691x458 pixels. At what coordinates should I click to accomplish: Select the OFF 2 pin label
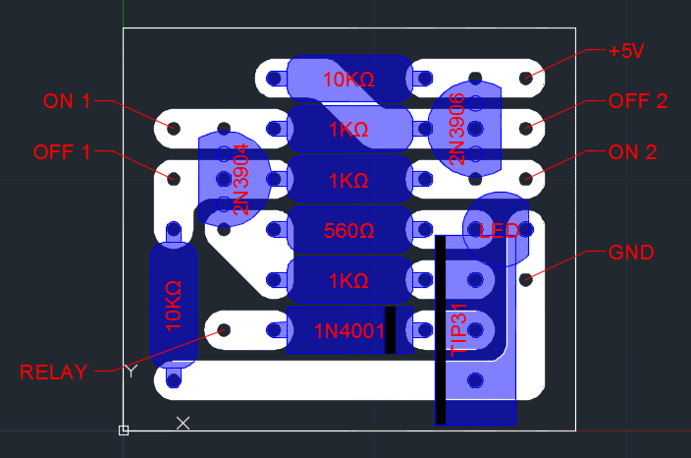click(x=638, y=100)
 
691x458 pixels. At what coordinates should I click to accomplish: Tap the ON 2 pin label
click(x=633, y=152)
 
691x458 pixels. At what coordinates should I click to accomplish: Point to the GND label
click(x=631, y=253)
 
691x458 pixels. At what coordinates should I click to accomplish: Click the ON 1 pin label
click(x=67, y=100)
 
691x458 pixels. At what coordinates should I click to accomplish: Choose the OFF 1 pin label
click(x=62, y=152)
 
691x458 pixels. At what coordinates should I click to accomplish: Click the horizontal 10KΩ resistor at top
click(x=348, y=79)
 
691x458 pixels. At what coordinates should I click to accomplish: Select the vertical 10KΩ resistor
click(x=174, y=305)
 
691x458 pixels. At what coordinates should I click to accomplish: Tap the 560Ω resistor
click(x=348, y=232)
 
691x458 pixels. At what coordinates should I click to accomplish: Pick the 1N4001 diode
click(x=348, y=330)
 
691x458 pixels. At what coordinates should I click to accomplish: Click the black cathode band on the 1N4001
click(x=390, y=330)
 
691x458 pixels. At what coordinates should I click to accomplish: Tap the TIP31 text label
click(x=458, y=334)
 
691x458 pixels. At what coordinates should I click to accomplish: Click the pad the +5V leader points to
click(x=526, y=77)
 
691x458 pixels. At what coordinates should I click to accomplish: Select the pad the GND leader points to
click(x=526, y=279)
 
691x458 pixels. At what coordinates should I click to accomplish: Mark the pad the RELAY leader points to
click(x=224, y=330)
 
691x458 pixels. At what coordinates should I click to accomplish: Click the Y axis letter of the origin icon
click(x=131, y=371)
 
